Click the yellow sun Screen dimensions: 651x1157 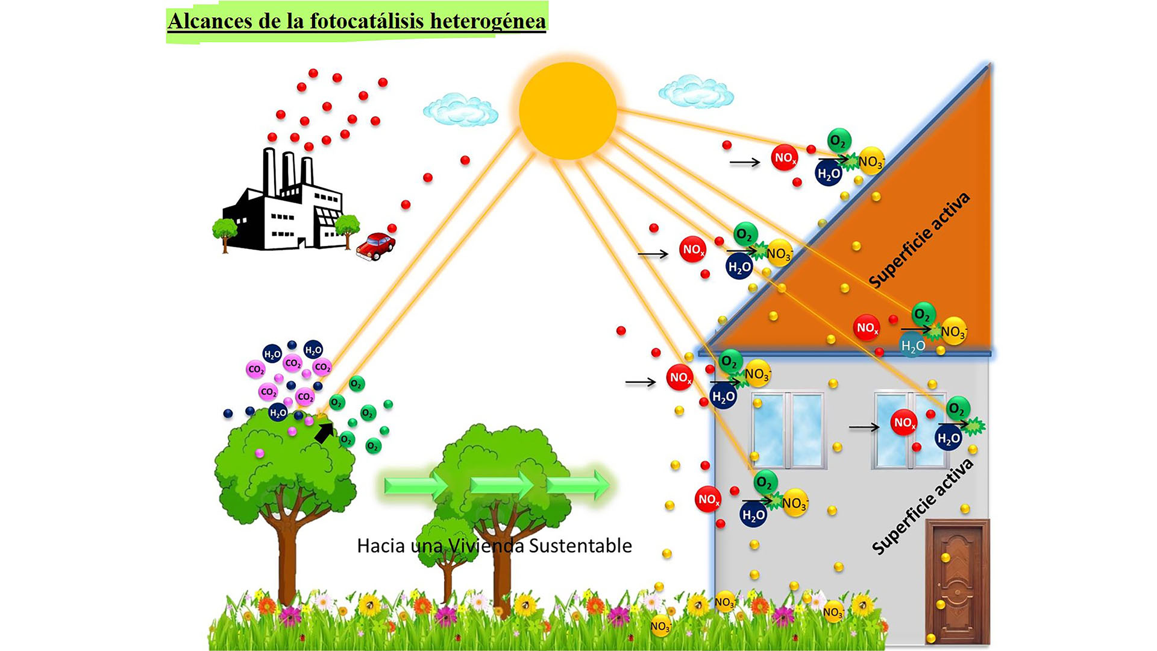[x=568, y=111]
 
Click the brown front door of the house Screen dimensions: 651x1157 [x=957, y=582]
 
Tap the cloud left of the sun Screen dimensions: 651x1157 [x=460, y=110]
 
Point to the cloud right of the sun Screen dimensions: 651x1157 [x=696, y=92]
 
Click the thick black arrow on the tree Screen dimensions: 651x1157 [x=324, y=432]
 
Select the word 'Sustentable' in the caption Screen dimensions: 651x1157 [x=580, y=546]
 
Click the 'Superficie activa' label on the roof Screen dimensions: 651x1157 [x=919, y=240]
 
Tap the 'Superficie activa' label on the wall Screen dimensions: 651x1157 [x=922, y=506]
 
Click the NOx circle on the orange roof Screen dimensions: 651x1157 [x=867, y=328]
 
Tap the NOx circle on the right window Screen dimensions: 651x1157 [x=903, y=423]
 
